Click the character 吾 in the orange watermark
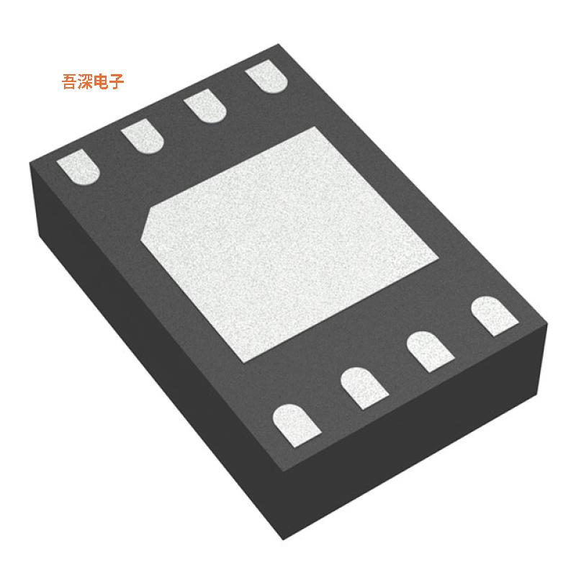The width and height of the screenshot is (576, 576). tap(70, 82)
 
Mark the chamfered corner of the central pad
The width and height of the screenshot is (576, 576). tap(150, 220)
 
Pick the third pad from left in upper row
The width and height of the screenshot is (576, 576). tap(205, 108)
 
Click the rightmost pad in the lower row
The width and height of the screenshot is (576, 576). tap(495, 316)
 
